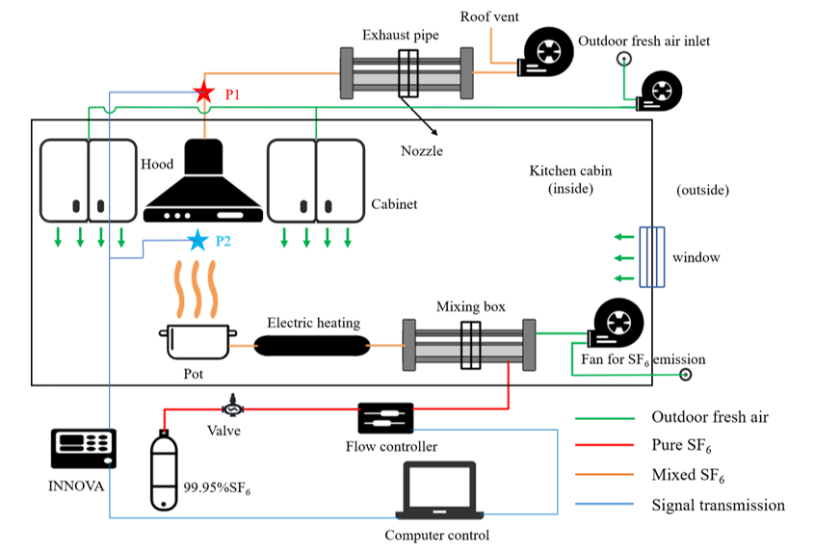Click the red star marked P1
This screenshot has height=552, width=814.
(x=203, y=92)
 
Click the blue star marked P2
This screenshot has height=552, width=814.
(x=197, y=240)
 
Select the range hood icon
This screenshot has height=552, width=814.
(x=203, y=183)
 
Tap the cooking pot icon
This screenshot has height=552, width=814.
(x=198, y=342)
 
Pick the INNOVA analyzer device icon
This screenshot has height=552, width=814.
(x=83, y=448)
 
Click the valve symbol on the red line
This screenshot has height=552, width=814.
(x=230, y=403)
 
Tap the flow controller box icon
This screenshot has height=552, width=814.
(x=385, y=417)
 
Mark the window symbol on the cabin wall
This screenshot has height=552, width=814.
(x=652, y=257)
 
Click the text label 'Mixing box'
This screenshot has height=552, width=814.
(x=470, y=307)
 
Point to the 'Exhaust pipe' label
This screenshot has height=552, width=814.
(x=400, y=36)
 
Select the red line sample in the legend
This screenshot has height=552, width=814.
(x=605, y=447)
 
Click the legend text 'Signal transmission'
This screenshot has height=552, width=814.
(x=718, y=505)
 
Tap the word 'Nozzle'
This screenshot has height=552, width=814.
(x=421, y=151)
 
